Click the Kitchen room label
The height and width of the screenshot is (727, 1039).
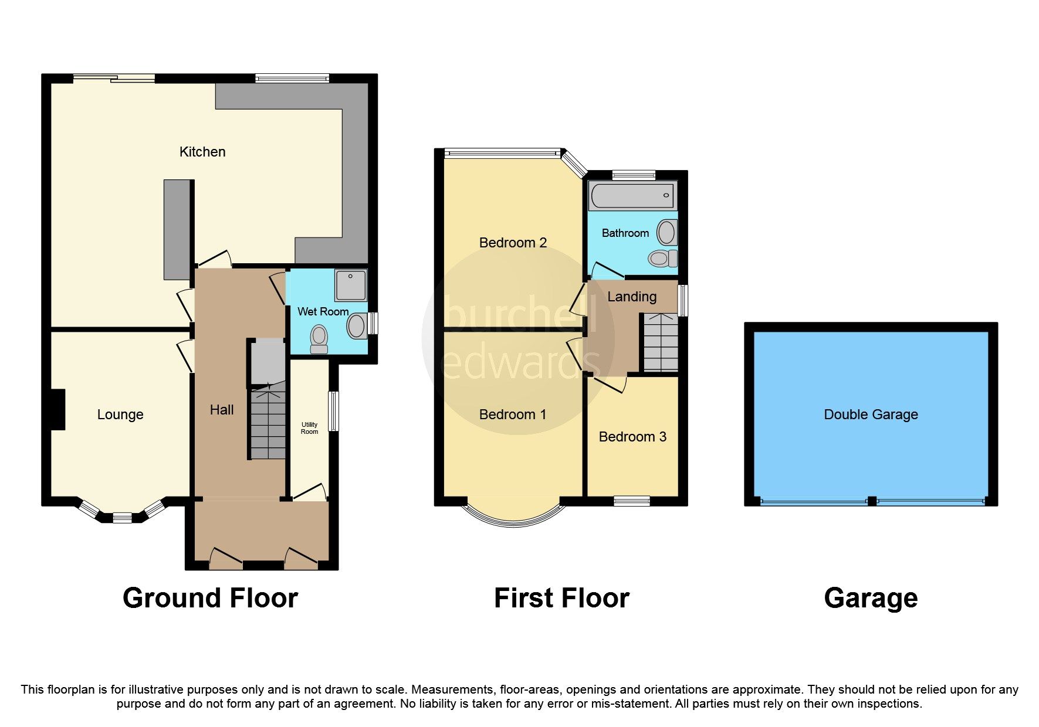[x=202, y=152]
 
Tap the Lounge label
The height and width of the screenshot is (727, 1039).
[x=120, y=415]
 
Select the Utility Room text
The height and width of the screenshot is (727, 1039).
[x=309, y=428]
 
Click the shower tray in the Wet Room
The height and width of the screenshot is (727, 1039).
[x=350, y=285]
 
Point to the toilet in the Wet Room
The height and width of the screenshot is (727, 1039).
[x=319, y=339]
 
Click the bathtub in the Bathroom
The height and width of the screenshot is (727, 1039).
[x=632, y=196]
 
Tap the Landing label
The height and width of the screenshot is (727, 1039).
[x=631, y=297]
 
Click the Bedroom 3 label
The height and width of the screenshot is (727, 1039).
[x=632, y=437]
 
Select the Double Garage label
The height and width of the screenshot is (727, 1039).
[x=871, y=415]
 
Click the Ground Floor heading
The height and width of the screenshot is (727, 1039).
[x=210, y=598]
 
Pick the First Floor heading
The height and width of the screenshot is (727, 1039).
[x=561, y=598]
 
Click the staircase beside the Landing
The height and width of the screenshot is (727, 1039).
[x=661, y=343]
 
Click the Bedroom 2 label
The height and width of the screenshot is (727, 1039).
[x=513, y=243]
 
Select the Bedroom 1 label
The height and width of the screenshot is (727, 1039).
[x=512, y=415]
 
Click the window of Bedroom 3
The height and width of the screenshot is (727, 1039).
[x=632, y=501]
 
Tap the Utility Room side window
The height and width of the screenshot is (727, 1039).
[x=333, y=411]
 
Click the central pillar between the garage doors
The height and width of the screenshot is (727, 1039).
[x=872, y=501]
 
